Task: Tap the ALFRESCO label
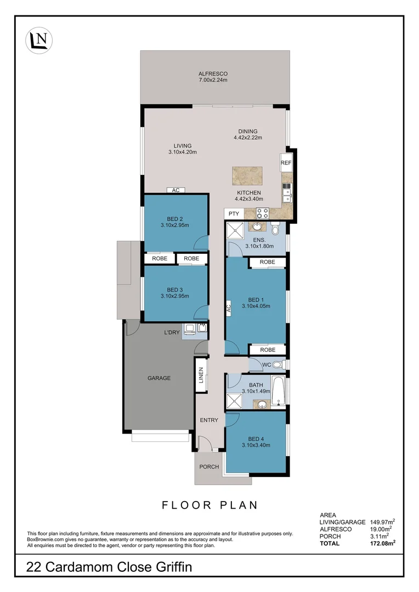pos(213,74)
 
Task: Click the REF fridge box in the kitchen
pos(286,163)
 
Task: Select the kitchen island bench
pos(247,177)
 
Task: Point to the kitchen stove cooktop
pos(262,213)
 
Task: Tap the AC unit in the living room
pos(176,190)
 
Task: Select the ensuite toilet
pos(275,227)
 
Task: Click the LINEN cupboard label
pos(201,375)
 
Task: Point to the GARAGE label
pos(159,378)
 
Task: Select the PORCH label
pos(209,467)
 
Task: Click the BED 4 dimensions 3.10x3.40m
pos(256,445)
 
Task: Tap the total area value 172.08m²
pos(383,543)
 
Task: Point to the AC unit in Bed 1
pos(229,309)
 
